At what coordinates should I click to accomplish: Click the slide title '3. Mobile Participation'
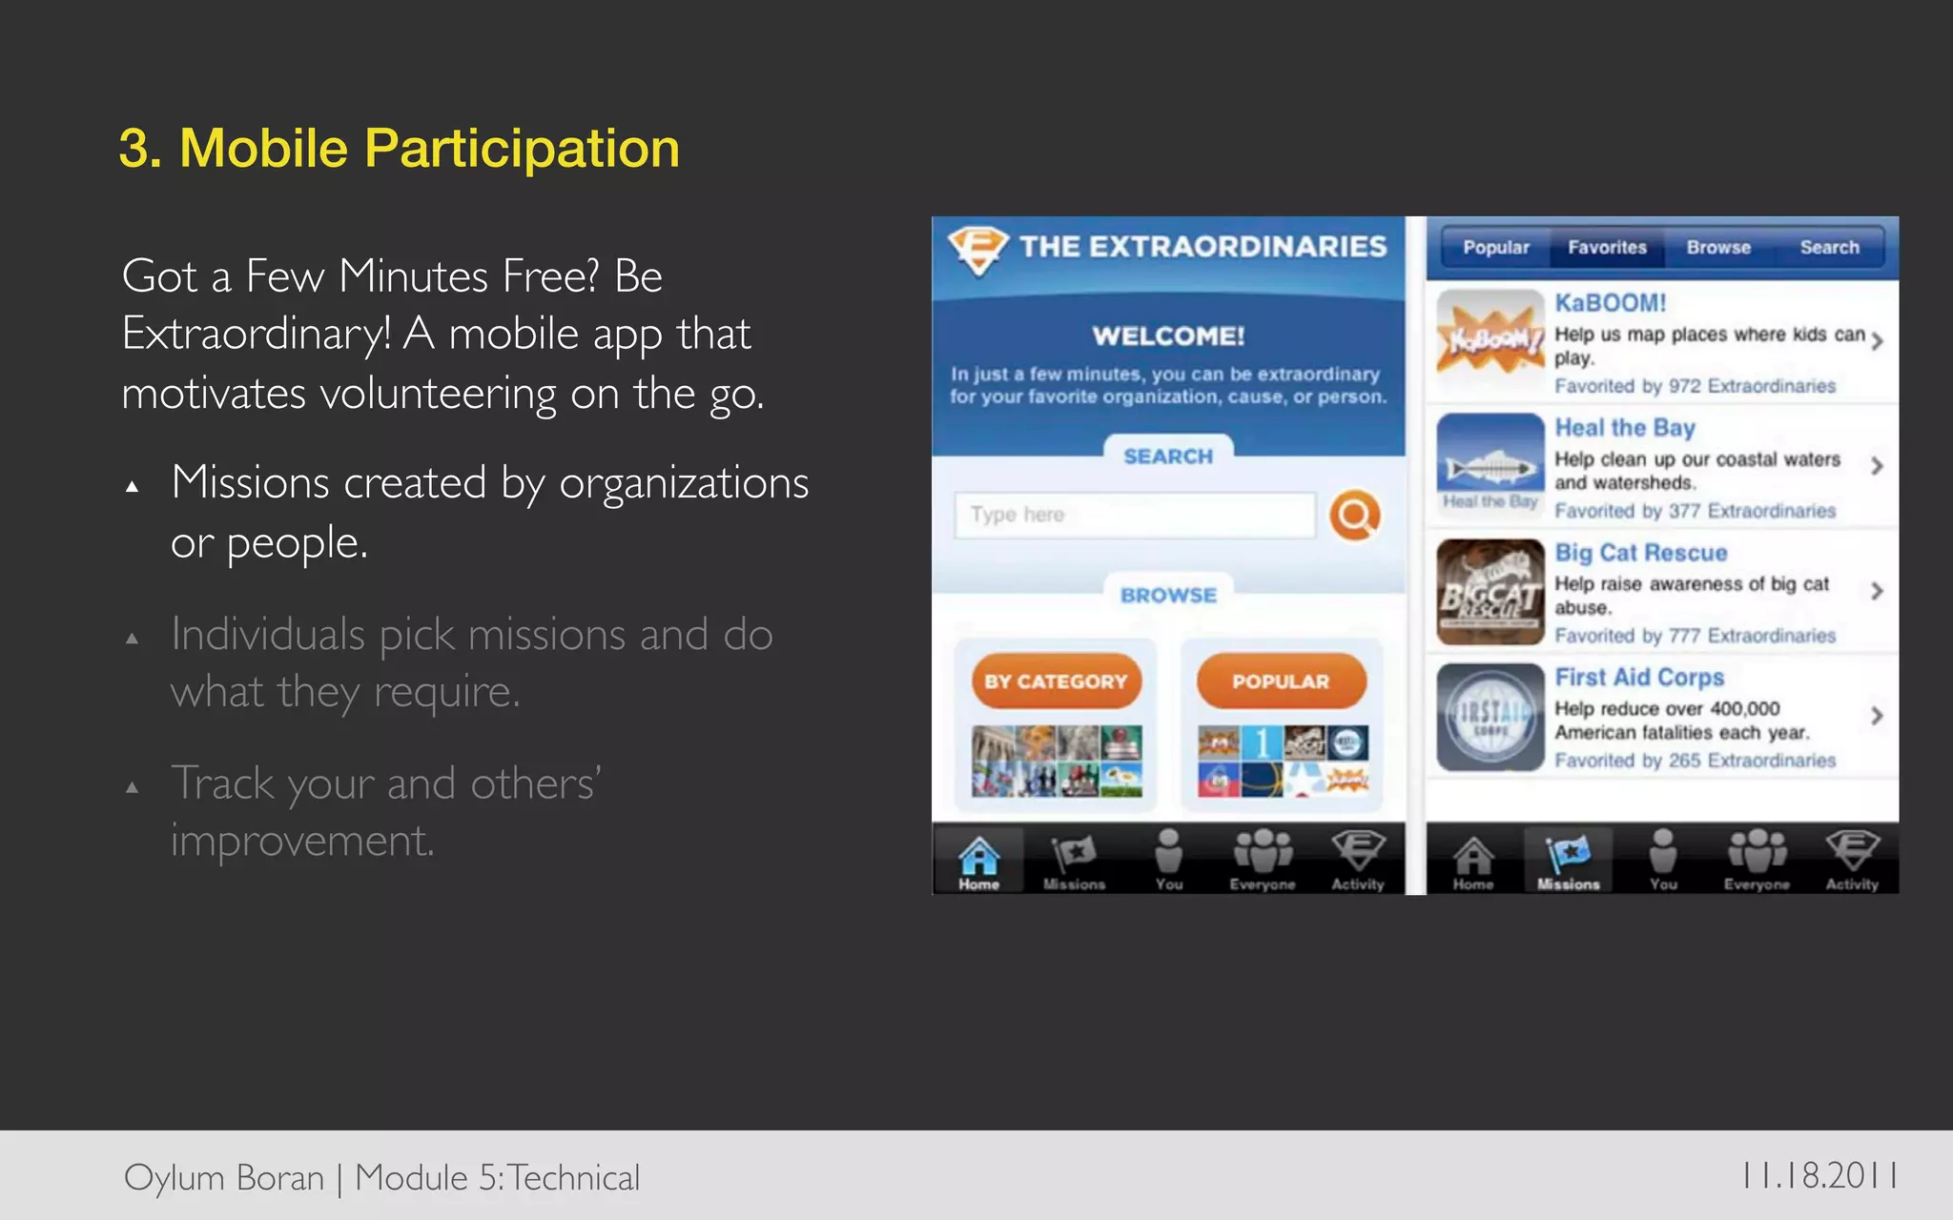[399, 149]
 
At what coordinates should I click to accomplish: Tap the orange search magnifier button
[1354, 516]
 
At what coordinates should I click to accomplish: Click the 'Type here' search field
[1134, 516]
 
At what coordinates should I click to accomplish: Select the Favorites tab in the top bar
[1607, 248]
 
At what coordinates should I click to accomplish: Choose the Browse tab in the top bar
[1718, 248]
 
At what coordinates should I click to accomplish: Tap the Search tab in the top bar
[1829, 248]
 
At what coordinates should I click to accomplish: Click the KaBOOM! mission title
[1611, 303]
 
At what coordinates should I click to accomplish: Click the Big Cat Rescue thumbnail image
[1490, 592]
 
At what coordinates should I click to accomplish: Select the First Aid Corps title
[1639, 678]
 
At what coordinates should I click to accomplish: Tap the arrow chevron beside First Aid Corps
[1876, 716]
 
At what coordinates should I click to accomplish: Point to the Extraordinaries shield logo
[977, 249]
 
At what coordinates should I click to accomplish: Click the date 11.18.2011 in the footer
[1819, 1175]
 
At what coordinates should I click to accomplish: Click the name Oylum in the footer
[174, 1178]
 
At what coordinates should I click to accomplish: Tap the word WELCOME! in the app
[1168, 336]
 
